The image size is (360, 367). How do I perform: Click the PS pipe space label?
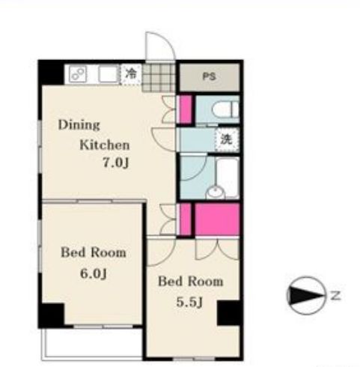click(209, 76)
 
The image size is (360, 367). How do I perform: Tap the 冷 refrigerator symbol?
click(131, 75)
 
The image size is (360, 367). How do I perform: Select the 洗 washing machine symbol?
click(227, 139)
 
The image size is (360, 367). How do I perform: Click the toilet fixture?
click(225, 109)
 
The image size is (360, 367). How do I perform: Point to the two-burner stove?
click(78, 73)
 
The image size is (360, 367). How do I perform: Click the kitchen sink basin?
click(109, 74)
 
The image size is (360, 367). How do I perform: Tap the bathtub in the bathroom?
click(228, 177)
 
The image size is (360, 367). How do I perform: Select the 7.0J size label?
click(116, 163)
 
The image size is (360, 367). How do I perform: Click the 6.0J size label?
click(94, 273)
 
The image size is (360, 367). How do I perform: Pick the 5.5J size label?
click(189, 303)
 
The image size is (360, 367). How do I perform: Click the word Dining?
click(79, 125)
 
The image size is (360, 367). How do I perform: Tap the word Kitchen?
click(105, 145)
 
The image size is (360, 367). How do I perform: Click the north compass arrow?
click(306, 296)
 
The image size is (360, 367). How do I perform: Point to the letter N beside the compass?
click(336, 296)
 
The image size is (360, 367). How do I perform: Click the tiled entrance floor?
click(159, 77)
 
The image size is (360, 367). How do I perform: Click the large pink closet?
click(217, 219)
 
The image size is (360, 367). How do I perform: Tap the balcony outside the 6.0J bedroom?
click(92, 344)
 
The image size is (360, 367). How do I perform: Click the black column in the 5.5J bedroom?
click(230, 313)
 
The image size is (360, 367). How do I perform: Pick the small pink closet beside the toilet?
click(186, 109)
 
